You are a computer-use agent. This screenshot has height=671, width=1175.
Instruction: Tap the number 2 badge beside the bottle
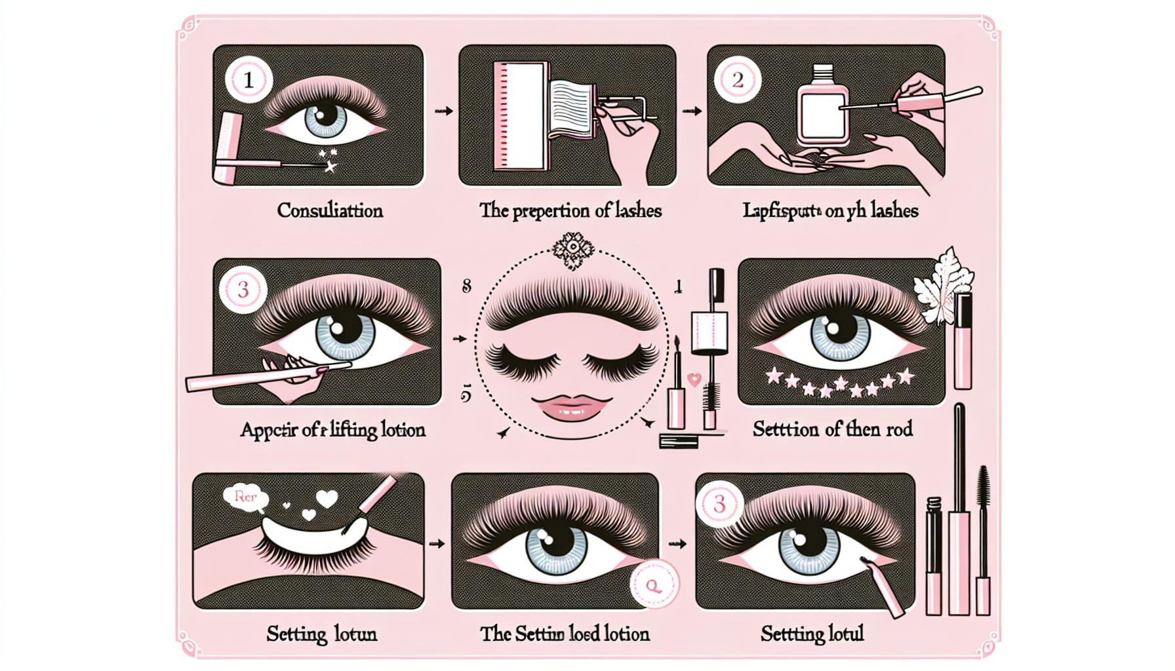click(x=738, y=80)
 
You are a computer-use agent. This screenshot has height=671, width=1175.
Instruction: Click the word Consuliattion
click(x=330, y=210)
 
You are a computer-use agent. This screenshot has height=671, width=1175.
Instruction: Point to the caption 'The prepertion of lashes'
click(x=570, y=210)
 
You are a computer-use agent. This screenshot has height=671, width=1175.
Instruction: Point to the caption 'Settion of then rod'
click(x=832, y=430)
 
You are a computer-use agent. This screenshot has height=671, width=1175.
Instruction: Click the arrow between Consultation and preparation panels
click(x=444, y=111)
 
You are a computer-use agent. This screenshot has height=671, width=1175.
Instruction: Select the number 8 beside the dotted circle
click(x=467, y=286)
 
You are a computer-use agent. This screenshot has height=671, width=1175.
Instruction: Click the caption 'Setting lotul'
click(x=812, y=634)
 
